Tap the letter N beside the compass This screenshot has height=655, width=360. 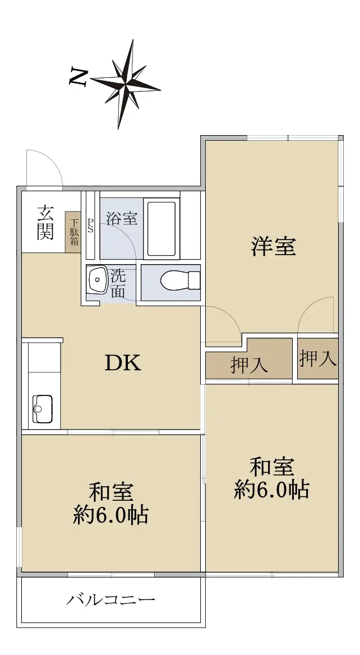[78, 78]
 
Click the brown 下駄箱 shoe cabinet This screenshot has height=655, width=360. [73, 232]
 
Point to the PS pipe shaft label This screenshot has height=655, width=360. [90, 225]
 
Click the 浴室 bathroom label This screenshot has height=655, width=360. [122, 218]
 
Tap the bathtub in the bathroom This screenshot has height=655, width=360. [161, 228]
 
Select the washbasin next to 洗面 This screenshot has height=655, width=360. [97, 280]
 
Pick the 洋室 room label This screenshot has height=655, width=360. [273, 246]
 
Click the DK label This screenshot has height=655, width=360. [123, 363]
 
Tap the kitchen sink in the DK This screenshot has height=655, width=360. [43, 408]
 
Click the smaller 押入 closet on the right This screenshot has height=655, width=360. [318, 358]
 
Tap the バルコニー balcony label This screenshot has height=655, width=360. [111, 600]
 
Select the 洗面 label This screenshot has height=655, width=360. [118, 283]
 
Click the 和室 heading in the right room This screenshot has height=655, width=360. [272, 467]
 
